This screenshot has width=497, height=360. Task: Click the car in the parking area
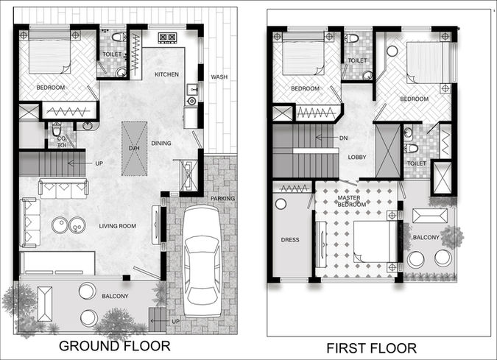coord(202,261)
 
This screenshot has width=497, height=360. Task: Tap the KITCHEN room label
coord(166,74)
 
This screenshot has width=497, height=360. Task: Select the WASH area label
coord(219,77)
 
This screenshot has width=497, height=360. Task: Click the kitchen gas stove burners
coord(167,38)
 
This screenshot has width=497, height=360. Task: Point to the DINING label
coord(161,144)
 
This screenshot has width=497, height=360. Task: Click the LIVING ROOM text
coord(117,226)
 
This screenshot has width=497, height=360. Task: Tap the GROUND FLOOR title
coord(115,346)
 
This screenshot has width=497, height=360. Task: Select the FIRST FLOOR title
coord(372,348)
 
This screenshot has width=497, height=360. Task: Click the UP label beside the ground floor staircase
coord(99,163)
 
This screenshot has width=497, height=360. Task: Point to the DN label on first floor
coord(343,138)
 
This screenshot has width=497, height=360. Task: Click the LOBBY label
coord(357,158)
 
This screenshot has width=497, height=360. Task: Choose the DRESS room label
coord(290,240)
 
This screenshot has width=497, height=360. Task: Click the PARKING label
coord(223,198)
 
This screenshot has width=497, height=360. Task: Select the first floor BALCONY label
coord(426,237)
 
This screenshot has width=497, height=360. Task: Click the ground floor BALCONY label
coord(115,296)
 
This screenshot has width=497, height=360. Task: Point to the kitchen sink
coord(192,90)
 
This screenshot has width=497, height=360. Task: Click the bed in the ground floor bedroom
coord(50,52)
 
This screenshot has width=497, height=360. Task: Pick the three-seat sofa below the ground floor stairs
coord(63,188)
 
